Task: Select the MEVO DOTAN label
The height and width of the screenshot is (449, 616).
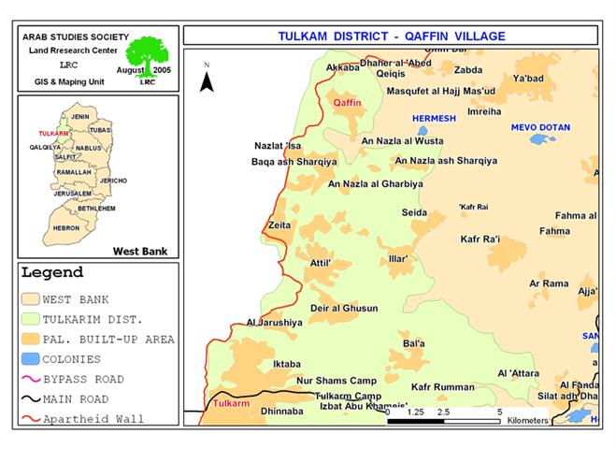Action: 539,126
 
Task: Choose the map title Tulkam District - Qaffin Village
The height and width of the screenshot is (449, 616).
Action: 392,36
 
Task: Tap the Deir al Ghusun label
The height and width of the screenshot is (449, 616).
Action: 344,308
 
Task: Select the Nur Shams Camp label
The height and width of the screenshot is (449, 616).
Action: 336,381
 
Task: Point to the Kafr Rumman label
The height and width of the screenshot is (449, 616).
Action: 443,386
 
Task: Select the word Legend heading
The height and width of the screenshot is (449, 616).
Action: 52,273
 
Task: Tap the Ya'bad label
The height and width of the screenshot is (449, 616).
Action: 528,79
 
